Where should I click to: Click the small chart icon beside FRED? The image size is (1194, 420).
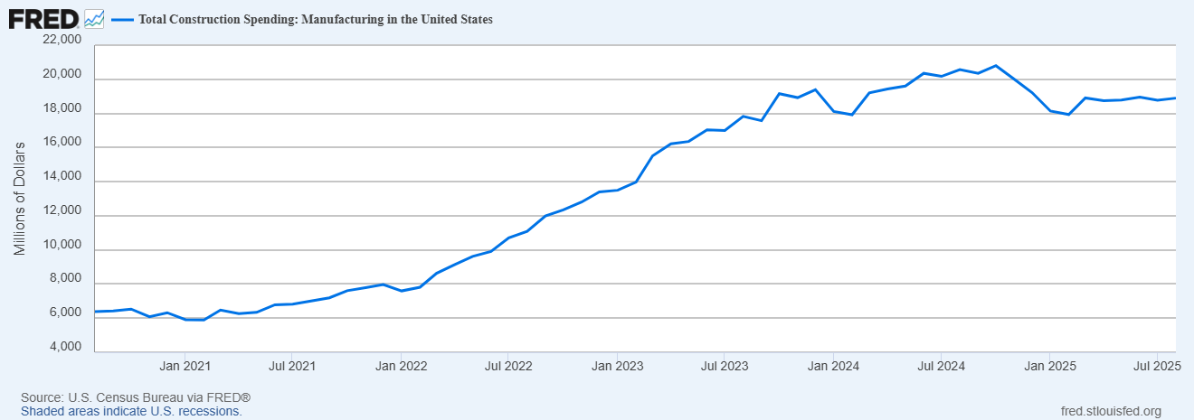coord(94,19)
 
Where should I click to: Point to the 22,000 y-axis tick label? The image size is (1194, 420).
coord(62,40)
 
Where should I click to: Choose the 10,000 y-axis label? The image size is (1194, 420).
coord(62,245)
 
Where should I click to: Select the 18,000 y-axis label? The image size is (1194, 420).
coord(62,108)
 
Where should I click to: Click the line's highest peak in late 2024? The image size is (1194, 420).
coord(995,66)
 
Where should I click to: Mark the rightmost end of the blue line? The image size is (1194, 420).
coord(1175,98)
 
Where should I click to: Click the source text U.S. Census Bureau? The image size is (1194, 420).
coord(135,397)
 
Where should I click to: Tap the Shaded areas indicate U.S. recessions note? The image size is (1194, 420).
coord(131,411)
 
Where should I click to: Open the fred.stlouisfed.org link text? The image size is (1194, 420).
coord(1110,411)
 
